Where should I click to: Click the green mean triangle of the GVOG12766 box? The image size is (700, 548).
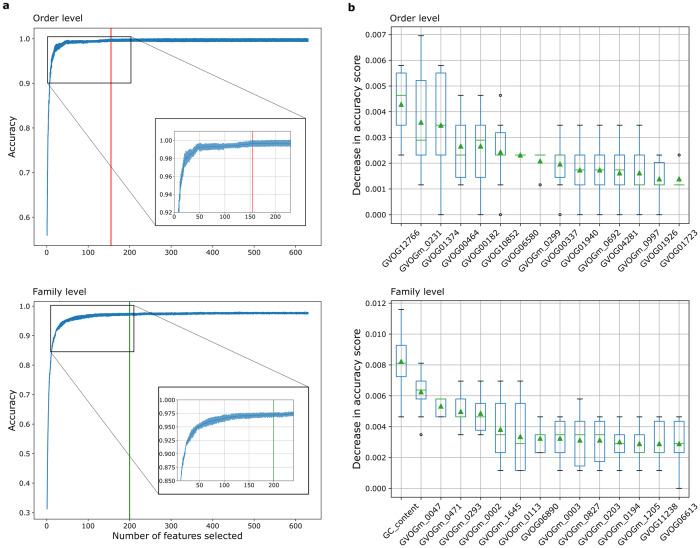point(401,104)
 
